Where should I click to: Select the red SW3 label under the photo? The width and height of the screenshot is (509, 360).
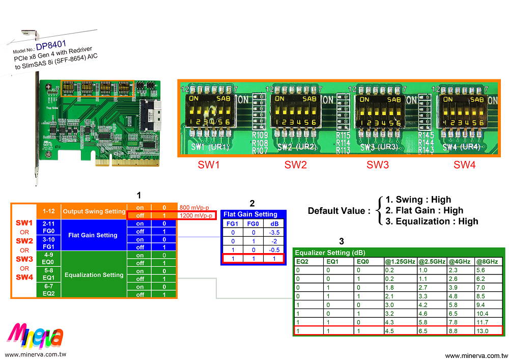click(378, 165)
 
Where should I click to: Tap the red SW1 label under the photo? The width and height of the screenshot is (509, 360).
click(209, 165)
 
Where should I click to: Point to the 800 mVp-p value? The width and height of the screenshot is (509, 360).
click(194, 207)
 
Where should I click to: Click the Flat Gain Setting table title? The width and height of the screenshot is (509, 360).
click(250, 214)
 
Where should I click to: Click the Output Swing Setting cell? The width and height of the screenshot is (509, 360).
click(93, 211)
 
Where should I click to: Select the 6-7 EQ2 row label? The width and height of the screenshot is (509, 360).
click(48, 290)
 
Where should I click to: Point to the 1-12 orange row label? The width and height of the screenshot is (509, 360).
click(48, 211)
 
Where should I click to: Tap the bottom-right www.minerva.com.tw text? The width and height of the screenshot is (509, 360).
click(476, 355)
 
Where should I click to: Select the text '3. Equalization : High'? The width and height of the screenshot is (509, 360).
click(432, 221)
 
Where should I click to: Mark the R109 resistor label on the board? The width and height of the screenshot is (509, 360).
click(260, 135)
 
